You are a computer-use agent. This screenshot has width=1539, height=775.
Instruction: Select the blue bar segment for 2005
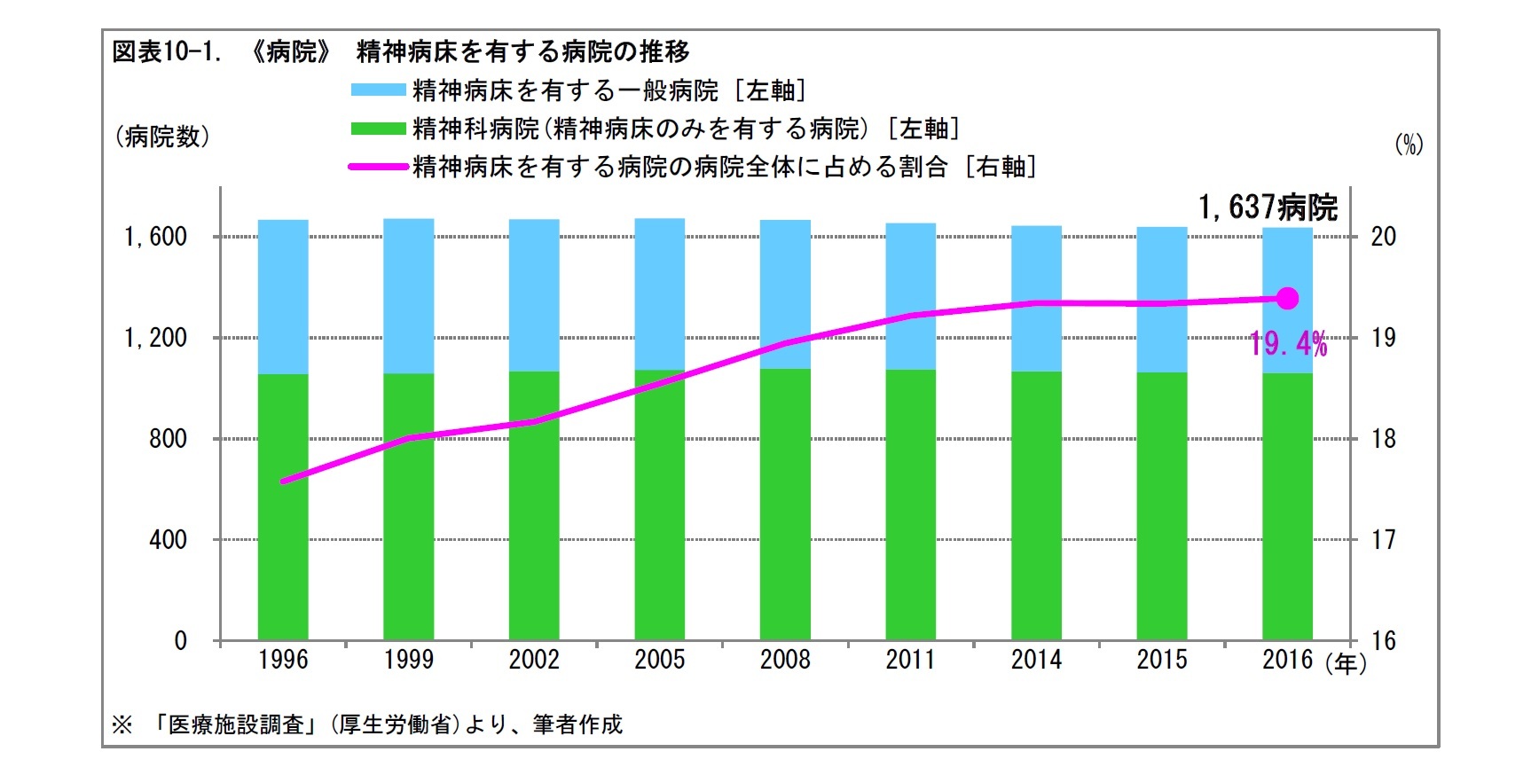tap(659, 294)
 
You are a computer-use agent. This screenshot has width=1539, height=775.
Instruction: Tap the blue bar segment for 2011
tap(910, 296)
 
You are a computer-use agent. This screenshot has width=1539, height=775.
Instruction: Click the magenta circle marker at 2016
tap(1287, 299)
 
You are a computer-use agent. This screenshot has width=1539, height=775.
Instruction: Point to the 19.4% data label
tap(1288, 343)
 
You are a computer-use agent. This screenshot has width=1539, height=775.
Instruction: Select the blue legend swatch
tap(379, 90)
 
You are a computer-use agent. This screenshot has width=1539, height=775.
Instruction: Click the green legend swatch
tap(379, 129)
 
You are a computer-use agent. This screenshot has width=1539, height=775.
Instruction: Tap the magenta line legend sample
tap(379, 167)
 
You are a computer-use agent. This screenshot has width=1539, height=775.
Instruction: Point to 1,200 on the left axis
tap(156, 338)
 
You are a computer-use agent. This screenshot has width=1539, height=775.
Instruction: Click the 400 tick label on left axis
tap(168, 539)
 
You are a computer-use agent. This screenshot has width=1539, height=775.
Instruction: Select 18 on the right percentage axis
tap(1383, 439)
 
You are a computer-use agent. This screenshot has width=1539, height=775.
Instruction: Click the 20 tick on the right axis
tap(1383, 236)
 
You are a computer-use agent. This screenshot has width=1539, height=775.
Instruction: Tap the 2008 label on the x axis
tap(785, 660)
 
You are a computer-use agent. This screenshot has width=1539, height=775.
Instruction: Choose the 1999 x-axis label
tap(408, 660)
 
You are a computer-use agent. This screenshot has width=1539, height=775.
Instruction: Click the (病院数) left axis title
tap(162, 137)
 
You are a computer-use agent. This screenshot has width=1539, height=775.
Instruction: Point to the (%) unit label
tap(1409, 144)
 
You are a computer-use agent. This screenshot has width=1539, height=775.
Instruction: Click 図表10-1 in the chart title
tap(166, 51)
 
